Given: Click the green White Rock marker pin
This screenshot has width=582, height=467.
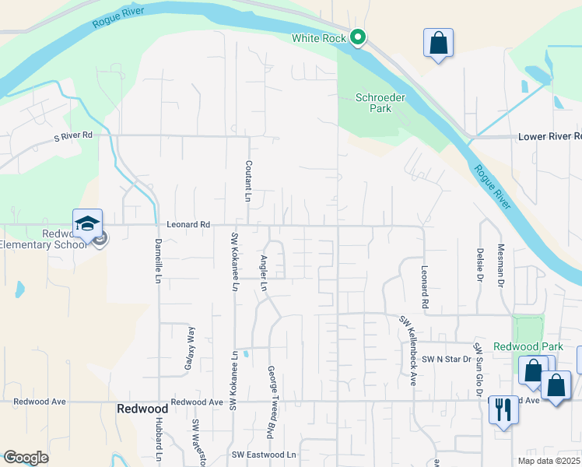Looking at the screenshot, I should coord(358,37).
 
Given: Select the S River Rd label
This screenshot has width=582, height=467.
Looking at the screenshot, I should coord(73,136).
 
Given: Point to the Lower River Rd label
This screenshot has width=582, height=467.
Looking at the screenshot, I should coord(549,136).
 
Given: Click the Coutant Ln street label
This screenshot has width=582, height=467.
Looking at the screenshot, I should coord(248,181).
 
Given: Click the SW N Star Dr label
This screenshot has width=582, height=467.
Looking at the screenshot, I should coord(447,360).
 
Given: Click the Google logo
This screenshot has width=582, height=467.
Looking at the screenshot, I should coord(26,458).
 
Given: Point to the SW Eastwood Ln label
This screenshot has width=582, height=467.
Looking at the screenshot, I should coord(265,455).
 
